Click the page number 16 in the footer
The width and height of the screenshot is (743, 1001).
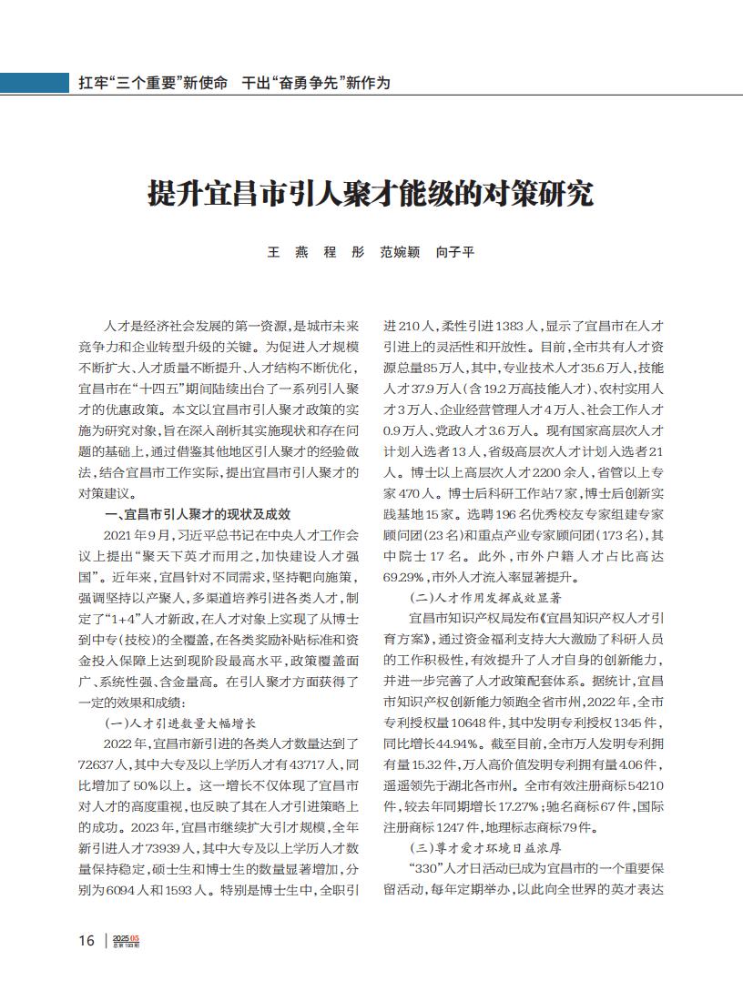(x=87, y=940)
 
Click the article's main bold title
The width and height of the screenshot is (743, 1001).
(x=371, y=194)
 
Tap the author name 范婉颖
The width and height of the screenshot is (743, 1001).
(x=400, y=252)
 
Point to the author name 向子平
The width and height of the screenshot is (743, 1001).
(x=455, y=252)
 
